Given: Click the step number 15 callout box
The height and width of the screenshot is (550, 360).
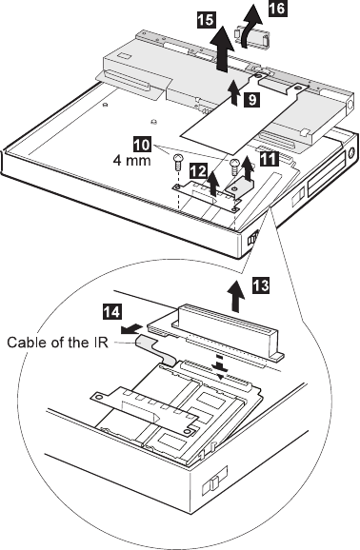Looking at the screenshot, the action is (206, 19).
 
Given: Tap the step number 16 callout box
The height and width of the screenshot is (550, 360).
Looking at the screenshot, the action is (277, 9).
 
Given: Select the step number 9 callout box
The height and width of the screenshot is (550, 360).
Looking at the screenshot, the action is (252, 100).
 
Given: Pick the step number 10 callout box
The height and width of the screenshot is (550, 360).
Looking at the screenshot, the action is (142, 145).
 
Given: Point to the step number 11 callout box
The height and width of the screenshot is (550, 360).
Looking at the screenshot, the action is (269, 159).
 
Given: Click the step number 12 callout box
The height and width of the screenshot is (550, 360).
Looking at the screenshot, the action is (199, 171).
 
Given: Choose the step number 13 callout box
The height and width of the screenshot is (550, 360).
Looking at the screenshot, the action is (261, 285).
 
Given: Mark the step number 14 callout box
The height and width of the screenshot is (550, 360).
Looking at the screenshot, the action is (112, 312).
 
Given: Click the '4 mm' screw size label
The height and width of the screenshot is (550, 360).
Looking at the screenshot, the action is (132, 161).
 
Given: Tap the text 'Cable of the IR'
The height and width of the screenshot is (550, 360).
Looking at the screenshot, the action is (57, 342).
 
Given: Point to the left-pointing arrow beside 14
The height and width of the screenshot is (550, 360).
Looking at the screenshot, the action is (131, 329).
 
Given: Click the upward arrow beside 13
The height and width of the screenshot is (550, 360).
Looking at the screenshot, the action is (235, 296).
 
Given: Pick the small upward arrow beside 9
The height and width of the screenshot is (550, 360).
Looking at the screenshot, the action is (235, 92).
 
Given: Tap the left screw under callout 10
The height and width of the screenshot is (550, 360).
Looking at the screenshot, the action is (178, 162).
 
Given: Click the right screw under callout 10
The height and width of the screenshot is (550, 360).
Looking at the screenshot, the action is (235, 165).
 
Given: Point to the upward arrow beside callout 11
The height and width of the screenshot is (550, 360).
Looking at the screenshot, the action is (249, 167).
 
